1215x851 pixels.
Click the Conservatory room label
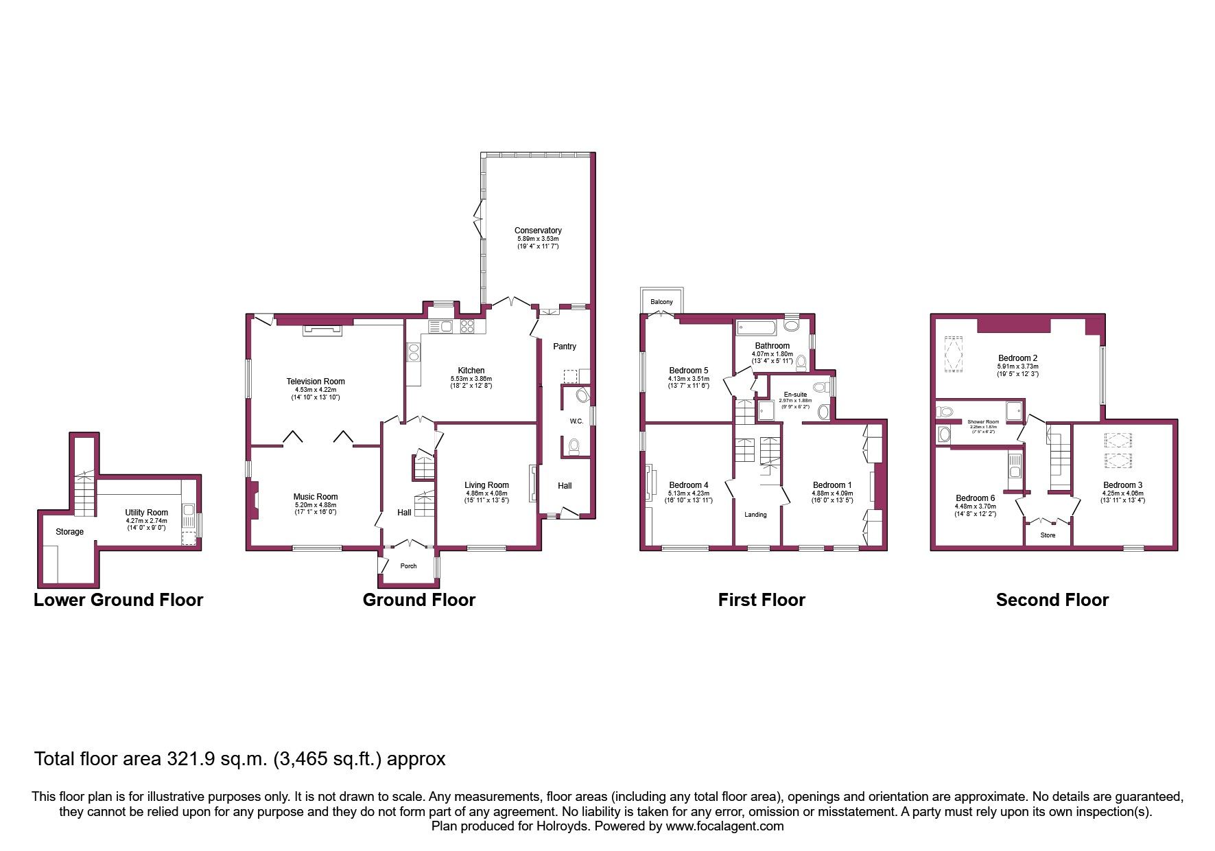[538, 231]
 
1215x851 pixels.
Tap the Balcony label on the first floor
[661, 302]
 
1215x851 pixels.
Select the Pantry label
[565, 347]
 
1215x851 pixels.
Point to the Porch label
[408, 566]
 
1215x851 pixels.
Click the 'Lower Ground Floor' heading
[119, 600]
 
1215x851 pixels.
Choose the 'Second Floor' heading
[1052, 600]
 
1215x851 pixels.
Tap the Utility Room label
[146, 513]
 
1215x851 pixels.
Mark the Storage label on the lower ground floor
[69, 532]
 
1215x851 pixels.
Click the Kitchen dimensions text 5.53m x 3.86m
[471, 379]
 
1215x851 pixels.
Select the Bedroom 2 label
[1017, 358]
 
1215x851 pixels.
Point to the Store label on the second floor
[1048, 535]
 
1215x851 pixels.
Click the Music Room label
[316, 497]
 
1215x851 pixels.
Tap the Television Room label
[316, 382]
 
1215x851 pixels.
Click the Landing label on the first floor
[755, 515]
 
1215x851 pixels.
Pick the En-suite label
[794, 395]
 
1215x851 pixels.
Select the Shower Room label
[983, 422]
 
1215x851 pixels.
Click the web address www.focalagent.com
[724, 826]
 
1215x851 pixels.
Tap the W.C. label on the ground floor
[576, 421]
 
